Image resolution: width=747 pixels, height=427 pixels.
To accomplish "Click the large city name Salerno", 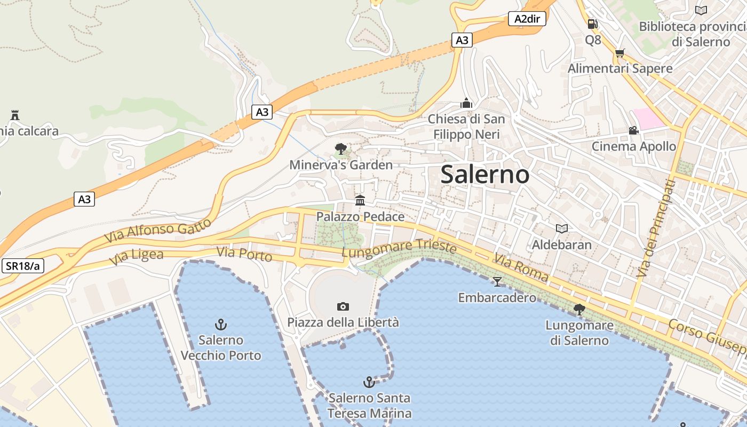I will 485,175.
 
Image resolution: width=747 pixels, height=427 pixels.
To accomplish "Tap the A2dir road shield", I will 527,19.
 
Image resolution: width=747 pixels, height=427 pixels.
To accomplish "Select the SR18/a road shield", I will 23,266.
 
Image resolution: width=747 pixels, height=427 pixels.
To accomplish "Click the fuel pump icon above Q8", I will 592,24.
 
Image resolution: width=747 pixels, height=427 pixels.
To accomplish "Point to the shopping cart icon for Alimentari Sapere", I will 619,53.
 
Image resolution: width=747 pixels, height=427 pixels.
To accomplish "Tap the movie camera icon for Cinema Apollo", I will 633,131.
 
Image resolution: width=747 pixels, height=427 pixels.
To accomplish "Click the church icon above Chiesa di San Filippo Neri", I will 466,103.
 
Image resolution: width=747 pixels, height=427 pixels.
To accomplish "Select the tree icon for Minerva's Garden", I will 340,149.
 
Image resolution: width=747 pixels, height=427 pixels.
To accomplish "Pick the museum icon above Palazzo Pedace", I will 360,201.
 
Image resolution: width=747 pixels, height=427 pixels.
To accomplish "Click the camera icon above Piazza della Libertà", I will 343,306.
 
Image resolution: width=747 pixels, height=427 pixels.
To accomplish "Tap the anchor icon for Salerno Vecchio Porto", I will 220,324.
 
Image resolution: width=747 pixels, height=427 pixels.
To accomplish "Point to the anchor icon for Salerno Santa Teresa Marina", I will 369,382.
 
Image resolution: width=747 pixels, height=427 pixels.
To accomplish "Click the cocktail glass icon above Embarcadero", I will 497,281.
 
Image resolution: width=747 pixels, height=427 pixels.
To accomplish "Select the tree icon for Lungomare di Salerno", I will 579,309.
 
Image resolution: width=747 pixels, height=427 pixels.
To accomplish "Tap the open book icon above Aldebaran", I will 561,228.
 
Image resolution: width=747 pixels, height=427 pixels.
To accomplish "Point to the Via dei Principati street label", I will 656,228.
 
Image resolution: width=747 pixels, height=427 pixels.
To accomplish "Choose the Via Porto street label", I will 244,254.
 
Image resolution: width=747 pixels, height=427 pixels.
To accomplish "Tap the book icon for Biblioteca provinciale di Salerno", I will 701,10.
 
